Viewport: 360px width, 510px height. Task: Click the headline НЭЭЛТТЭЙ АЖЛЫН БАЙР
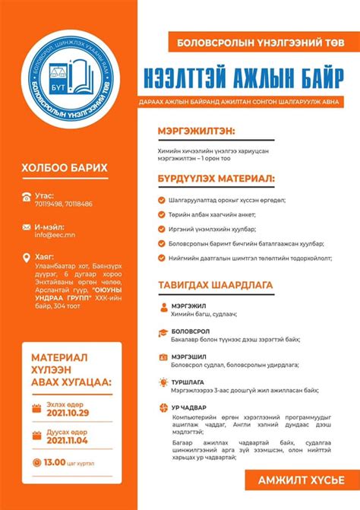tap(248, 81)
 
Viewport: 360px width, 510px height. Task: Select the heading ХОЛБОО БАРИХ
tap(65, 168)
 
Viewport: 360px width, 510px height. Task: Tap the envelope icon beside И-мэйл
tap(28, 227)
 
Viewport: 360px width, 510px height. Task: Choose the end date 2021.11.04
tap(68, 440)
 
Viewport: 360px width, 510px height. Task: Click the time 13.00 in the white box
tap(55, 462)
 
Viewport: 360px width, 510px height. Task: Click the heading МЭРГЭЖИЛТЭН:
tap(196, 131)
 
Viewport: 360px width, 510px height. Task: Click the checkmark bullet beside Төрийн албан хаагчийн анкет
tap(162, 214)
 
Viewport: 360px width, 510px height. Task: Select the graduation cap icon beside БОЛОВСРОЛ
tap(163, 333)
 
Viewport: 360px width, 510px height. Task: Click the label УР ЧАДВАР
tap(188, 407)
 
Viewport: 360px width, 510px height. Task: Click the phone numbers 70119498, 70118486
tap(64, 204)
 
